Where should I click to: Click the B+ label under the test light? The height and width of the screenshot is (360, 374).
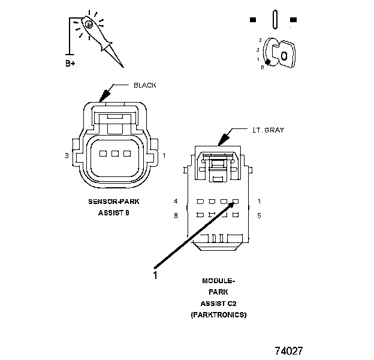pyautogui.click(x=71, y=62)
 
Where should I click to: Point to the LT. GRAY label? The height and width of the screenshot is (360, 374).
pyautogui.click(x=267, y=130)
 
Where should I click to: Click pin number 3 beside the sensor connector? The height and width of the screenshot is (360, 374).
pyautogui.click(x=67, y=156)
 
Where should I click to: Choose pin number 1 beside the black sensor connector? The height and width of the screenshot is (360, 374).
pyautogui.click(x=165, y=156)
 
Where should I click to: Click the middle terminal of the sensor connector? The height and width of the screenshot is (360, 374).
pyautogui.click(x=114, y=154)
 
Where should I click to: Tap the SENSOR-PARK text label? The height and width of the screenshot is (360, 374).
pyautogui.click(x=113, y=203)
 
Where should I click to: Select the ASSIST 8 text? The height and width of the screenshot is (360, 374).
pyautogui.click(x=113, y=213)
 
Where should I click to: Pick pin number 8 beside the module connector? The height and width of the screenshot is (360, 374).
pyautogui.click(x=176, y=215)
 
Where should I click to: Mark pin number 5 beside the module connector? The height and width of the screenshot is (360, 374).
pyautogui.click(x=259, y=215)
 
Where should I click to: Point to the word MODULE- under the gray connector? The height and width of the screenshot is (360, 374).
pyautogui.click(x=218, y=281)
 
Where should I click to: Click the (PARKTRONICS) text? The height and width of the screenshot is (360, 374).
pyautogui.click(x=218, y=314)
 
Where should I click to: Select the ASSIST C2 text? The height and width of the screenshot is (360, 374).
pyautogui.click(x=218, y=303)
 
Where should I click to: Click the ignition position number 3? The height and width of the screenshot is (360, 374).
pyautogui.click(x=260, y=40)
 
